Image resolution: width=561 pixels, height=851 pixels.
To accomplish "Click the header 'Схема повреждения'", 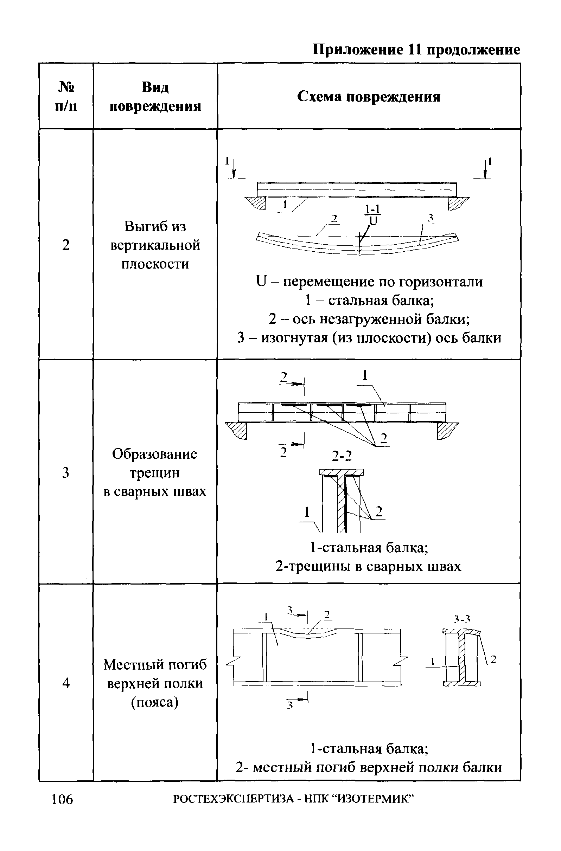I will (369, 97).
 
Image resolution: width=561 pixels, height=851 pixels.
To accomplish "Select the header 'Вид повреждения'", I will (155, 97).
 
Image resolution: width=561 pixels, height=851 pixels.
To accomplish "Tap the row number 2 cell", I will (66, 245).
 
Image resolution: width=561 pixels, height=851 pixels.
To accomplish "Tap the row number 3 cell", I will (66, 473).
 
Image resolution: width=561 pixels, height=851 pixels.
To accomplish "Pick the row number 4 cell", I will (66, 683).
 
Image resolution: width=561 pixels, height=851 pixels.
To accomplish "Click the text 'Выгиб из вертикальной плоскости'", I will (155, 245).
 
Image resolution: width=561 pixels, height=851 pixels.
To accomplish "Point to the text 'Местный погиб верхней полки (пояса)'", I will (155, 683).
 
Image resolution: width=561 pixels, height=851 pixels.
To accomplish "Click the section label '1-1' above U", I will (373, 209).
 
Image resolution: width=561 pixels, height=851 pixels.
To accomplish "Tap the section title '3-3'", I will (462, 619).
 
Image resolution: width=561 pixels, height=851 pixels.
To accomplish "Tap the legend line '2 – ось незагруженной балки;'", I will (369, 319).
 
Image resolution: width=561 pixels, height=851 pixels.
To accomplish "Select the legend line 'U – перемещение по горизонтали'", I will (369, 282).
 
